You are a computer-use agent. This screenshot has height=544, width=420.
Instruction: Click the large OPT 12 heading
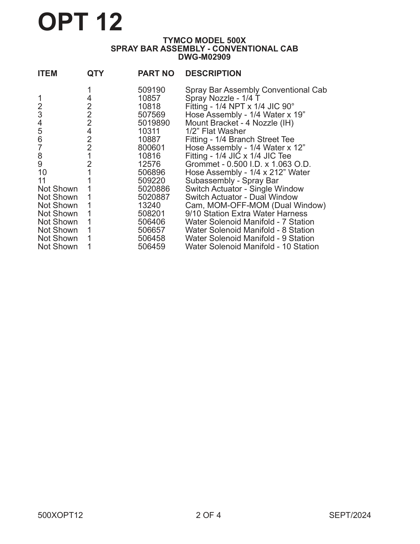80,22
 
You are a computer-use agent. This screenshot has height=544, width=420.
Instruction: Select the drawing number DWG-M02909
204,57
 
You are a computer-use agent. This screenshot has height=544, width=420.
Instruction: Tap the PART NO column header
156,74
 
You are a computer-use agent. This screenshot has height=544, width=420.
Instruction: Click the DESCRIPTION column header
213,74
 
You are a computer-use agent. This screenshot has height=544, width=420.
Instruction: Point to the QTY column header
95,74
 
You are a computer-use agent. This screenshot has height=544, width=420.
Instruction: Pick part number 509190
152,90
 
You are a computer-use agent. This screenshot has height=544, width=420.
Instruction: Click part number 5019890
154,123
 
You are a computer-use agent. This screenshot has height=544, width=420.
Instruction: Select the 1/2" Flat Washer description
215,131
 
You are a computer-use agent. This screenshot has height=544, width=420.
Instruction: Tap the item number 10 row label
42,172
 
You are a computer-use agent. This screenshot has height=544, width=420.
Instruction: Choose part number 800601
152,148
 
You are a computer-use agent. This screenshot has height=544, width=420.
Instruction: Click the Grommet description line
248,164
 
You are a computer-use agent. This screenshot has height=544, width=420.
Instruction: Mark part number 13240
149,205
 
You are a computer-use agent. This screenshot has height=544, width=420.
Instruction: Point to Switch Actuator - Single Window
244,189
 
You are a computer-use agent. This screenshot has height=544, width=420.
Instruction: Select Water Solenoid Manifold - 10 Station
252,247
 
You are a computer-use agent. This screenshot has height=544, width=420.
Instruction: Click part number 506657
152,230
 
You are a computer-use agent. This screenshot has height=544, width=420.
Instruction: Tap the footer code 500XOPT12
60,515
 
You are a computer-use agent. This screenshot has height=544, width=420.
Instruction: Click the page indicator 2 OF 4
208,515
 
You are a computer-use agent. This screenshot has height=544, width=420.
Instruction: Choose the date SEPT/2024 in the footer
350,515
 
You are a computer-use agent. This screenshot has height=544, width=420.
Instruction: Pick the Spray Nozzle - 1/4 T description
223,98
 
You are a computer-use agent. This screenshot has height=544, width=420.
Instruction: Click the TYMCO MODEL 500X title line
204,41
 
